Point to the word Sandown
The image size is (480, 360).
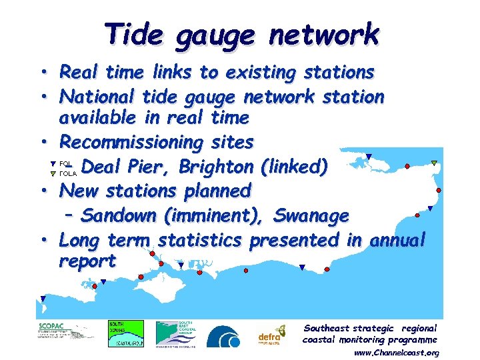click(x=120, y=215)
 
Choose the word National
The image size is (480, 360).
click(x=98, y=97)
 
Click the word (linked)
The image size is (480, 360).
click(x=294, y=166)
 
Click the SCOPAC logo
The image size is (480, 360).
click(x=65, y=331)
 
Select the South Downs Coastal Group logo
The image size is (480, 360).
click(x=126, y=333)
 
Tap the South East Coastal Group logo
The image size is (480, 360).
click(x=176, y=333)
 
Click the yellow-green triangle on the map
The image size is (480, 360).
click(x=434, y=163)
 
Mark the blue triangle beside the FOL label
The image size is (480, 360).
click(x=53, y=163)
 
